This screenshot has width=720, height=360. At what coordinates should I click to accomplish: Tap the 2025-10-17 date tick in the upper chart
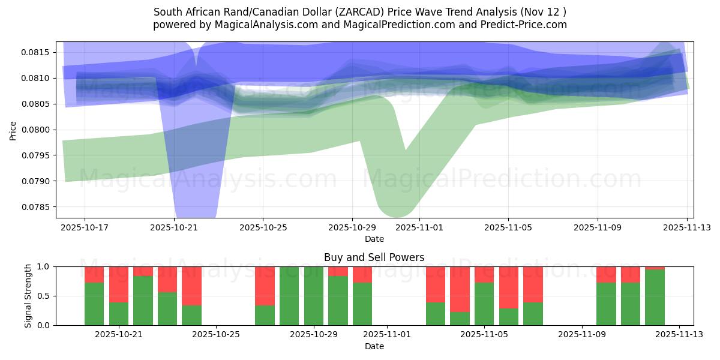85,228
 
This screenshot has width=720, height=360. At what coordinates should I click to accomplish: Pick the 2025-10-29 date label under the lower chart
314,335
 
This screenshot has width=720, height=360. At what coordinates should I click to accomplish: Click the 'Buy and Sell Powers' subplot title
374,257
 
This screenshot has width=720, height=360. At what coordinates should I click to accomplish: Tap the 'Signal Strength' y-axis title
28,296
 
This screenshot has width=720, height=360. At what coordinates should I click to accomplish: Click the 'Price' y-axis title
13,130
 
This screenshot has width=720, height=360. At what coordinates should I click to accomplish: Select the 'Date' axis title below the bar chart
374,346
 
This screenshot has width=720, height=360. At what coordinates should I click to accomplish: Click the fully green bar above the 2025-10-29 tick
314,296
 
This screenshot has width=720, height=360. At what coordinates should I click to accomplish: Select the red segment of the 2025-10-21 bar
119,284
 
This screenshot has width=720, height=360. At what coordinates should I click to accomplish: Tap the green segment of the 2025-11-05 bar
484,304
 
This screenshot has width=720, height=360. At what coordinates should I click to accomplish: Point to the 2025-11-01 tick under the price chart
419,228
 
